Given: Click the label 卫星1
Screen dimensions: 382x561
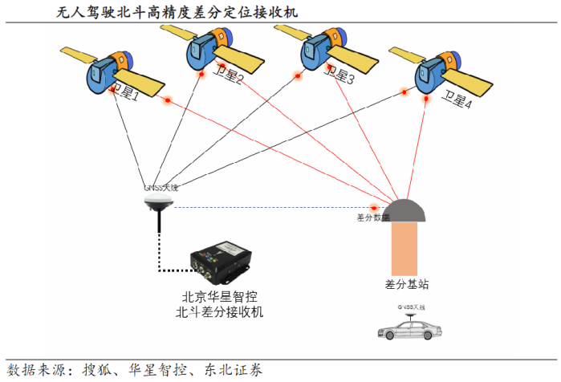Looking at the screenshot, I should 125,94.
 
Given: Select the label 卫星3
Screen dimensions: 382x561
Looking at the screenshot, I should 339,77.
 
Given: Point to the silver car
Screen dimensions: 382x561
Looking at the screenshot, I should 412,330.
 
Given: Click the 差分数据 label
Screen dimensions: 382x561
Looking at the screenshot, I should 372,217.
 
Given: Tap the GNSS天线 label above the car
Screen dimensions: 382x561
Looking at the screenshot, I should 412,307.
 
